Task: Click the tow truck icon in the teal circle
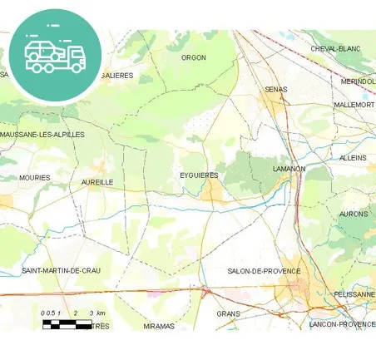point(55,55)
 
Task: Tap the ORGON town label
point(194,57)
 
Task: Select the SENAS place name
point(275,89)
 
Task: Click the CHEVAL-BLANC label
point(335,49)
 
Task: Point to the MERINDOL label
point(359,81)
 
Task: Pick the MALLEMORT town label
point(354,106)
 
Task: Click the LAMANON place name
point(289,169)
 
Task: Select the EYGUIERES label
point(199,175)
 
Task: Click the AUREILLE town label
point(97,181)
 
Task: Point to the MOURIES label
point(35,178)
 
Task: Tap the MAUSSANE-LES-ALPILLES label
point(42,134)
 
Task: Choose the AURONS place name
point(354,214)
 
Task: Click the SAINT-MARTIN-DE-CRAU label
point(62,271)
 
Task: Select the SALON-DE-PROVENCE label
point(264,271)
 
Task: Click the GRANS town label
point(228,314)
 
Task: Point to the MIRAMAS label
point(159,326)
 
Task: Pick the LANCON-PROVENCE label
point(342,324)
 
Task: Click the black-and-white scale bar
point(67,322)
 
